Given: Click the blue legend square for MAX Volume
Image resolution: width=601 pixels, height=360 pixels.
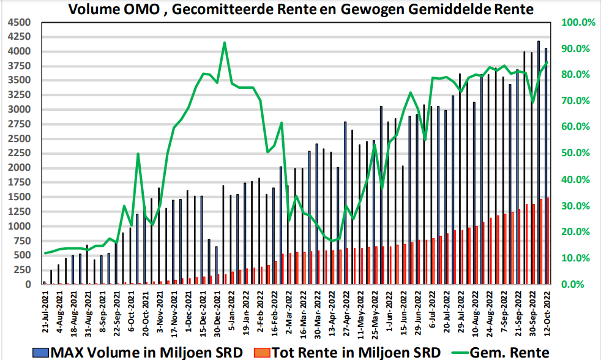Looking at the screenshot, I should (42, 351).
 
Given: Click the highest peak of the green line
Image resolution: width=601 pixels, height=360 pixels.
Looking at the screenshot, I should (225, 43).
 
